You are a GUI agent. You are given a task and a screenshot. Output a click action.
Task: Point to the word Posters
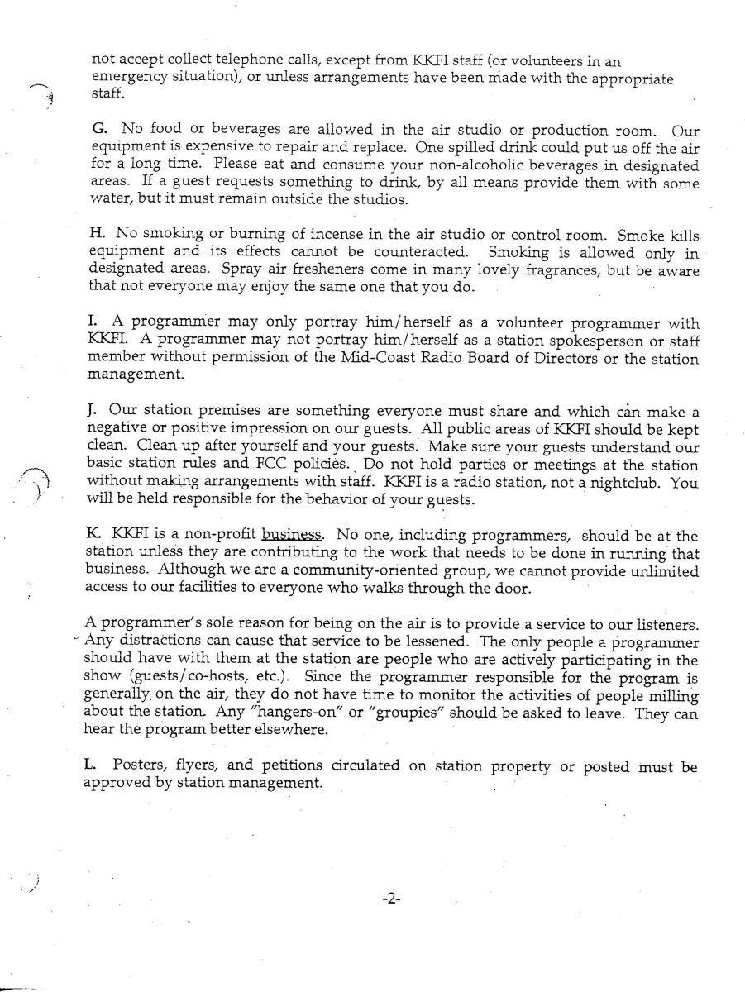pyautogui.click(x=138, y=766)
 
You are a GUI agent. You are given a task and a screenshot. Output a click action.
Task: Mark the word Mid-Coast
pyautogui.click(x=373, y=359)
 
